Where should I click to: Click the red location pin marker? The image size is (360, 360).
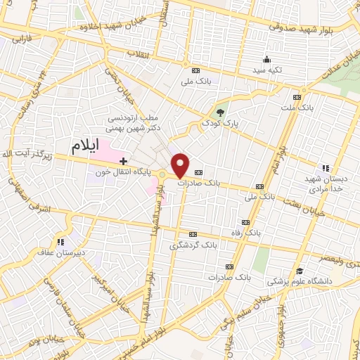[x=181, y=165]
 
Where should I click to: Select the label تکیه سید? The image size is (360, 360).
[x=267, y=71]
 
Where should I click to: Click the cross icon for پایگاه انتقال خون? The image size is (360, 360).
[x=124, y=162]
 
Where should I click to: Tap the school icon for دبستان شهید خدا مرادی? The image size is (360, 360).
[x=324, y=168]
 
